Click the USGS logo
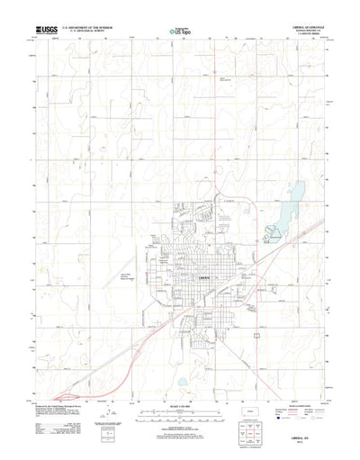click(44, 31)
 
